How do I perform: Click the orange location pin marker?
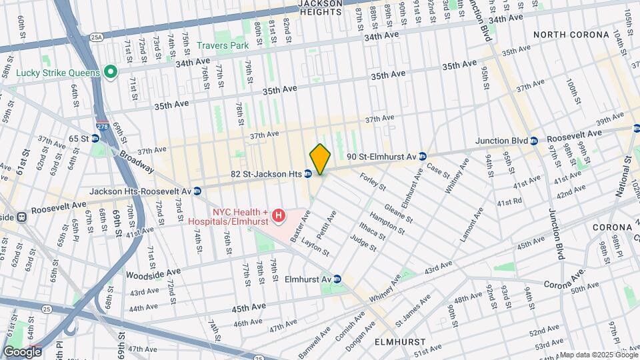coord(321,159)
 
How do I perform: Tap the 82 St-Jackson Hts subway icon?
coord(308,173)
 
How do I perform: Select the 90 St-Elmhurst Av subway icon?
coord(421,157)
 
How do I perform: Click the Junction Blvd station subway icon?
coord(533,141)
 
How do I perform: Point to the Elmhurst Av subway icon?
coord(337,279)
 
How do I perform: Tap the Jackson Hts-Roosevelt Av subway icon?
coord(197,191)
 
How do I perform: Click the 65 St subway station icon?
coord(95,139)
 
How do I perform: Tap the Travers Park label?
coord(223,46)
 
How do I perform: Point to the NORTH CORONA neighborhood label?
coord(571,35)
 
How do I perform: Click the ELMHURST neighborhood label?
coord(399,341)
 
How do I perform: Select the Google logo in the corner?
coord(22,351)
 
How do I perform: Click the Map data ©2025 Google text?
coord(597,355)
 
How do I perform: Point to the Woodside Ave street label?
coord(155,273)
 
